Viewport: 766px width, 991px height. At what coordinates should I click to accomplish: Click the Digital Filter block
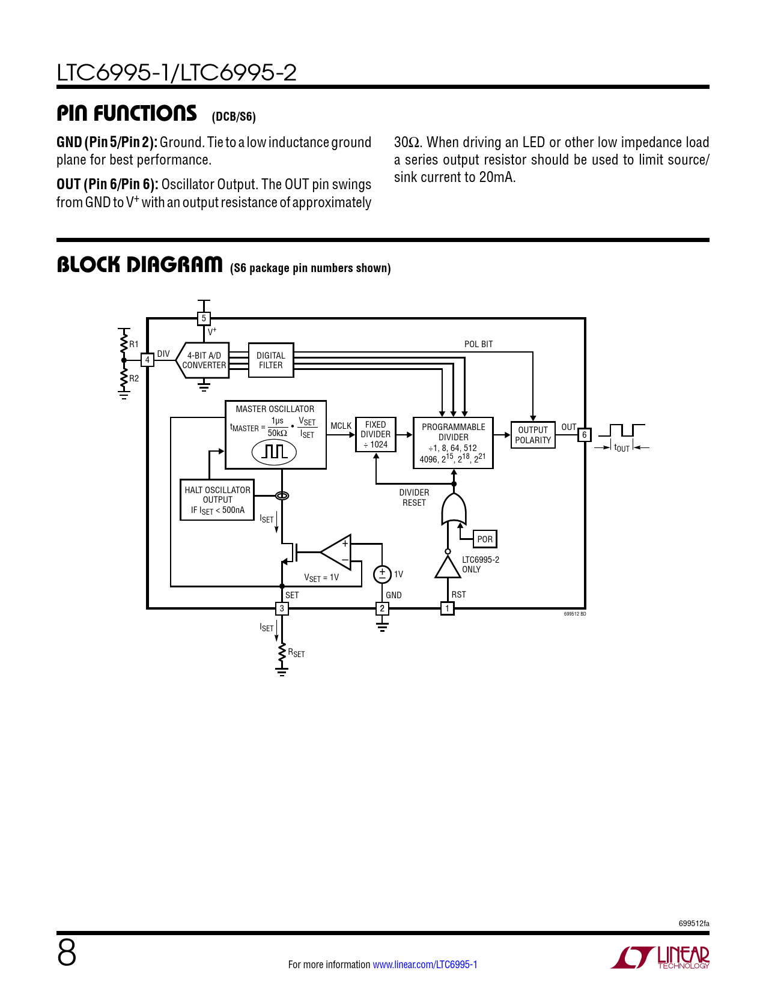271,360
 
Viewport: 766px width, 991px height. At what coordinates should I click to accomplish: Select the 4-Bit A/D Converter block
204,360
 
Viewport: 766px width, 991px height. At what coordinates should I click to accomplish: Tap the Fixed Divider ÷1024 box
375,434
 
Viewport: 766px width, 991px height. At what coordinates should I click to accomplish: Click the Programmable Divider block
453,443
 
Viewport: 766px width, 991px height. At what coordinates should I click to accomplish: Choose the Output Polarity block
533,435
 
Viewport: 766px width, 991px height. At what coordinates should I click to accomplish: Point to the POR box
485,539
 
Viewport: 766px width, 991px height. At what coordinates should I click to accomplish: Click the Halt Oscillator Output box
217,500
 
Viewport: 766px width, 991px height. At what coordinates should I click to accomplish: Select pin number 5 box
204,318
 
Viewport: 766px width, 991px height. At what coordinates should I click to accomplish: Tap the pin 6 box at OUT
584,435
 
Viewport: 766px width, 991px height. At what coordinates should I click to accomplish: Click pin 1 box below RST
447,608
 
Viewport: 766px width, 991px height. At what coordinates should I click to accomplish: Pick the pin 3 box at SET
282,608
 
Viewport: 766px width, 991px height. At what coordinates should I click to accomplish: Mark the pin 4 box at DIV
147,360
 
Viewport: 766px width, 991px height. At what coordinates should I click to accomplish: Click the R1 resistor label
134,344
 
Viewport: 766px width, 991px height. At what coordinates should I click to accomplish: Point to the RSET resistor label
296,653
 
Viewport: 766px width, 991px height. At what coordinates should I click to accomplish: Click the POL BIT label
478,344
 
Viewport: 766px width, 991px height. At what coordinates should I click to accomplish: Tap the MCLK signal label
341,426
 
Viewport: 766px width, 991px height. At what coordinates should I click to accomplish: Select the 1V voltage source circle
382,574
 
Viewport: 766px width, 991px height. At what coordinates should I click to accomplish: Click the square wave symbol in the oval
275,451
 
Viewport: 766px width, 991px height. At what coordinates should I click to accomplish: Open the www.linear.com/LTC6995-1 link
425,965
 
